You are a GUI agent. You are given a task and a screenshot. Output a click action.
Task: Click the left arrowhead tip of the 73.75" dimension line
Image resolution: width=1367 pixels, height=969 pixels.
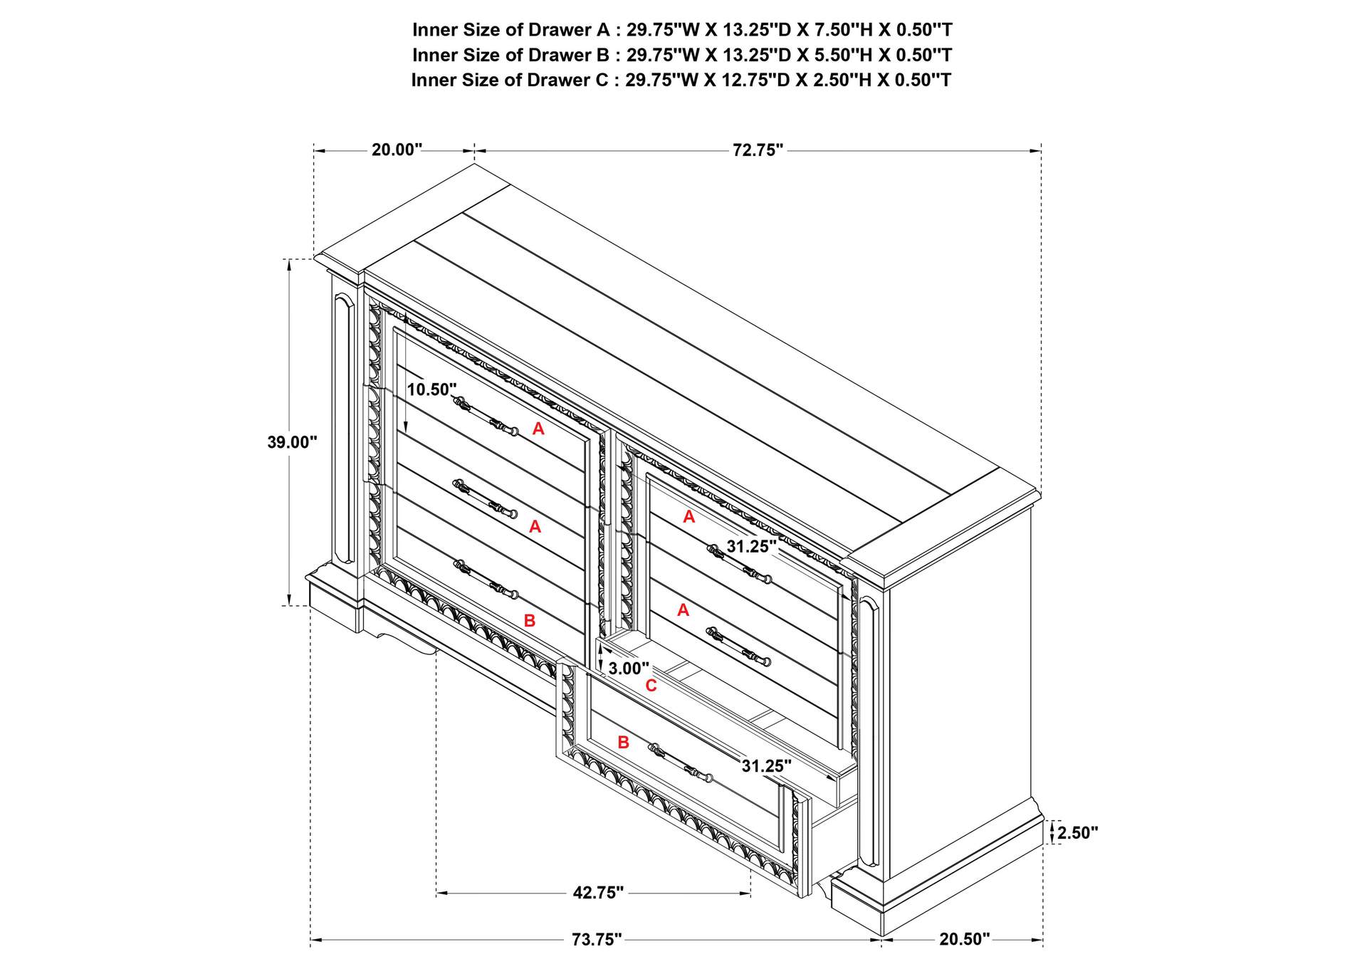click(311, 940)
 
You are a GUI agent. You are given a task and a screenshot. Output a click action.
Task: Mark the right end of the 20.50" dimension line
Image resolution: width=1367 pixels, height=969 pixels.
click(1042, 940)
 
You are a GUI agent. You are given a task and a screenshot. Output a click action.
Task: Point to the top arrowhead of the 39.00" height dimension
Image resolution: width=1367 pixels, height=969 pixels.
click(289, 259)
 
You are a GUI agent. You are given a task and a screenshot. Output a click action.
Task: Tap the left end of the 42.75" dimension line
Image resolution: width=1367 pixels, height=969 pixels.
click(436, 893)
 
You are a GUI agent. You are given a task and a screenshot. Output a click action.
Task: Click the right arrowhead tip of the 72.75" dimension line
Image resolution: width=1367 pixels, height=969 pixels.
click(1042, 151)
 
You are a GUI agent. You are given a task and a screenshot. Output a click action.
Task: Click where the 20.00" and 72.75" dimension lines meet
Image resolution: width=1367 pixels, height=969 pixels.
click(475, 151)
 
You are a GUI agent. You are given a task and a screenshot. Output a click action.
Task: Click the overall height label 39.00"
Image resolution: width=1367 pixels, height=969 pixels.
click(292, 442)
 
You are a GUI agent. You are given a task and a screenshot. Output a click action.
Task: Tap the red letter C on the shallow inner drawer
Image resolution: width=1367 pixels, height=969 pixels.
click(651, 686)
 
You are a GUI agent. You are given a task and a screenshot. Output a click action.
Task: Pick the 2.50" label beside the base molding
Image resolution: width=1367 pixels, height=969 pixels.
click(1078, 833)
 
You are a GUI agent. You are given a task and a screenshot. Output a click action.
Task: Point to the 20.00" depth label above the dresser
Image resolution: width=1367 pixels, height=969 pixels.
click(397, 150)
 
